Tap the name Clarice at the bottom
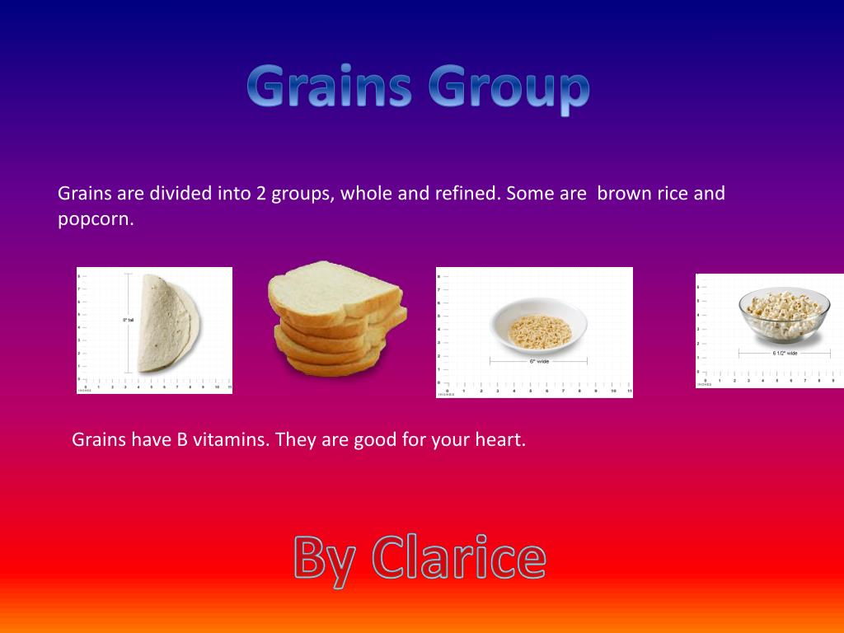[x=458, y=558]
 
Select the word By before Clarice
[x=325, y=560]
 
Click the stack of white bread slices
[x=336, y=316]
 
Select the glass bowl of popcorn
[x=783, y=315]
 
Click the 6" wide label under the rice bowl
[x=538, y=361]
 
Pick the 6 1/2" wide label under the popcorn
[x=784, y=353]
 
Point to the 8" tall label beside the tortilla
[x=128, y=319]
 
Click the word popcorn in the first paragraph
[x=95, y=221]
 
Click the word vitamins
[x=232, y=439]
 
